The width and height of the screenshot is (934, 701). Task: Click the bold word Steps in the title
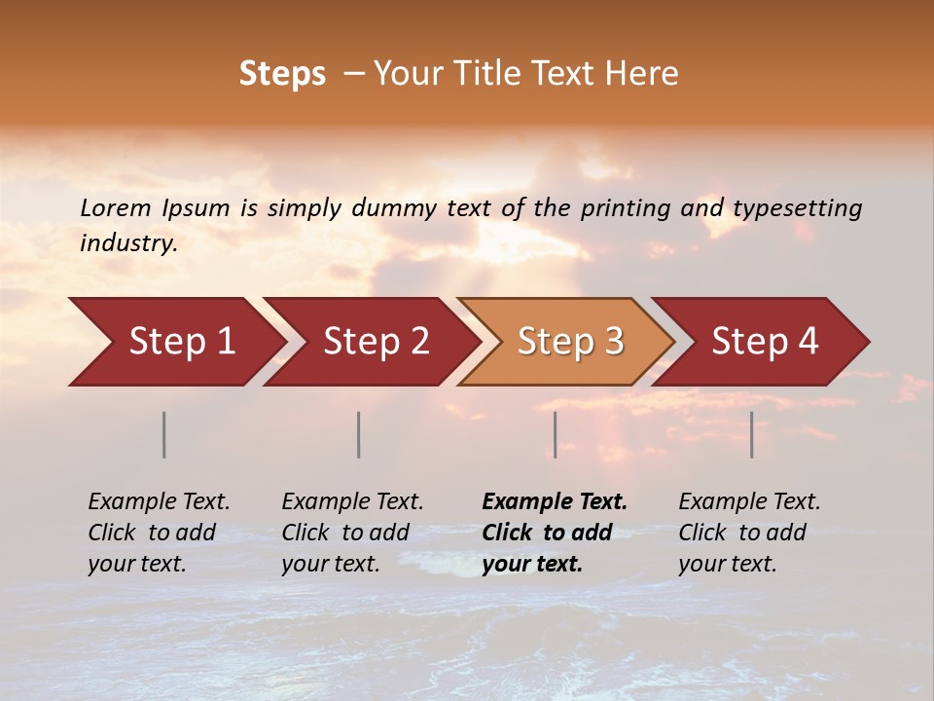[282, 74]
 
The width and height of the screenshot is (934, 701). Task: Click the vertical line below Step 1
[164, 434]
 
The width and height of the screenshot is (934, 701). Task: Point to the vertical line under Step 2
[359, 434]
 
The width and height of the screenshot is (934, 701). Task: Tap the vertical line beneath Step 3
[556, 434]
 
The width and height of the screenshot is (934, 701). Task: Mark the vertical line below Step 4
[752, 434]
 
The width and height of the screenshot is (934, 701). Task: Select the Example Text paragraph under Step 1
[159, 533]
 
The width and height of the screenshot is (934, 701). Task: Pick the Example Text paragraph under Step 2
[352, 533]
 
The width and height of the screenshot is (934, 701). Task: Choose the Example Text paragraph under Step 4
[749, 533]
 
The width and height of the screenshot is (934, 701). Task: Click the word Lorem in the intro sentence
[116, 208]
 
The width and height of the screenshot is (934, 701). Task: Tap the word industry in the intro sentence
[128, 243]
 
